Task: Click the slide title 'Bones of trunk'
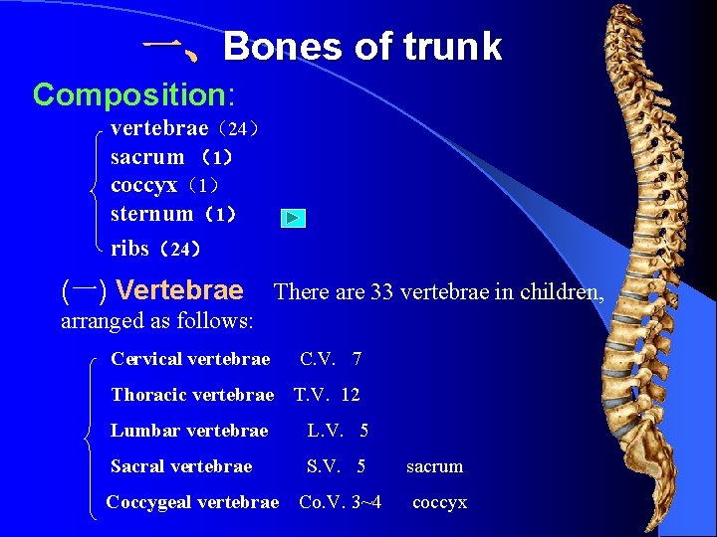362,47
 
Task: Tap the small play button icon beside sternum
292,218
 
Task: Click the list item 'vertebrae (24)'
185,129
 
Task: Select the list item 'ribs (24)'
156,249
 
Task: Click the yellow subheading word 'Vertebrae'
179,290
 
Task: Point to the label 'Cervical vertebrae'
190,359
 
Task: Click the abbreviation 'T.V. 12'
327,395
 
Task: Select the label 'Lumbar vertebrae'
189,431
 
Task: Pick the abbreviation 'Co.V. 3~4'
340,502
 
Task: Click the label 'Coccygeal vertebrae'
192,502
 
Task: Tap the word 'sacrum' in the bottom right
434,466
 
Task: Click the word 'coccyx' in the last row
439,502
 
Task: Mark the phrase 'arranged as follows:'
157,321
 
